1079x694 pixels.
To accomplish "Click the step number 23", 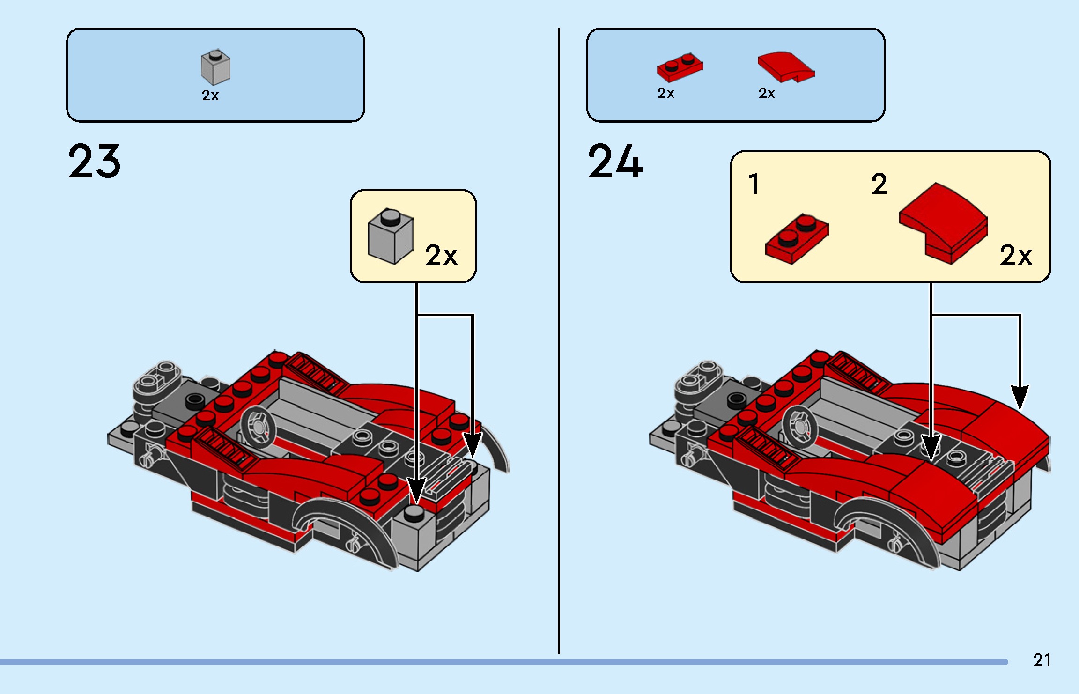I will [94, 162].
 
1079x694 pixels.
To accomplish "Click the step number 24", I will [615, 162].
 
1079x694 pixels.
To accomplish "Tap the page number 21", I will [1042, 660].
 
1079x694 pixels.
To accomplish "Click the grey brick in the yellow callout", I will [390, 236].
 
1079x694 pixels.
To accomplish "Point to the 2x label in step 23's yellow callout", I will [441, 256].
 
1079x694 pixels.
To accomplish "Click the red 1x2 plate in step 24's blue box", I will [680, 67].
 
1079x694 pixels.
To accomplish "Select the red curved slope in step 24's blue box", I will [785, 67].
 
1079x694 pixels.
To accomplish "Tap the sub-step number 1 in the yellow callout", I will [754, 184].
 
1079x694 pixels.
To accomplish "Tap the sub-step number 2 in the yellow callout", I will [879, 184].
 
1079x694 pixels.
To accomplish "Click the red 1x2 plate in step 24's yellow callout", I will [797, 239].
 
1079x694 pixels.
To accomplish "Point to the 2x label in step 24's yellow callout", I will [1015, 256].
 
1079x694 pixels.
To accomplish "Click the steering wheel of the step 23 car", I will [258, 426].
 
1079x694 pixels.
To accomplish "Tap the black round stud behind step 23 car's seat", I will [194, 400].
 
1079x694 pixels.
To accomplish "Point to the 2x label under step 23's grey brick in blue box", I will [210, 96].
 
